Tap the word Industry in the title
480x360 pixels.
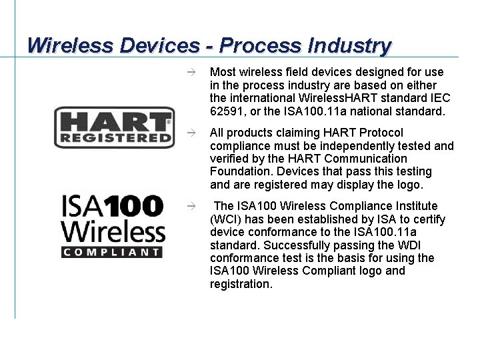[349, 45]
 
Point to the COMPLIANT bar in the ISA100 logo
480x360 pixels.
[113, 253]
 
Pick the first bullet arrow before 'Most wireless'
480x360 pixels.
[191, 72]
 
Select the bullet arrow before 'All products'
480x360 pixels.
[191, 133]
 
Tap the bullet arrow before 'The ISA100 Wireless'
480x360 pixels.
[191, 207]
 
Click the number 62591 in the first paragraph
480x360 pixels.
[226, 111]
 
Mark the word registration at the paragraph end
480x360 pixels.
[241, 284]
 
